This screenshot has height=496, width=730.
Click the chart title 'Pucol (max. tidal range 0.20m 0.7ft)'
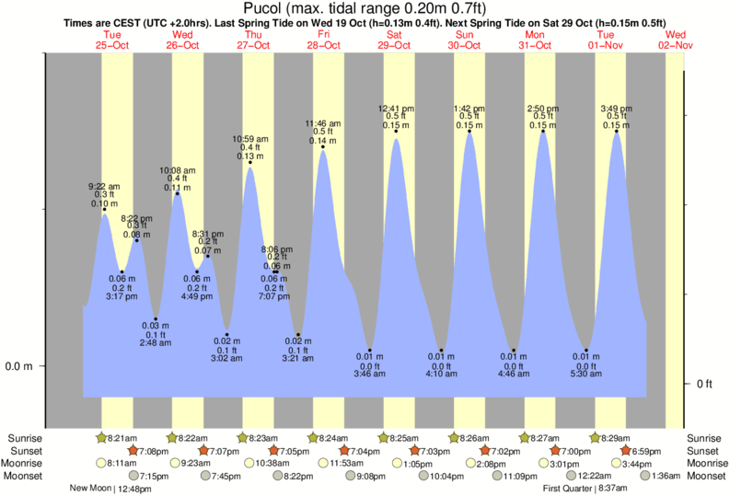(x=364, y=9)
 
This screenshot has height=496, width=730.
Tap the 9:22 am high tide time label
(x=103, y=187)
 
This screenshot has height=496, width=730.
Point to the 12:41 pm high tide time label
(x=396, y=108)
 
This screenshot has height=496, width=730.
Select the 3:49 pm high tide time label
(x=617, y=108)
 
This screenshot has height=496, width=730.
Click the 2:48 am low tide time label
(x=155, y=343)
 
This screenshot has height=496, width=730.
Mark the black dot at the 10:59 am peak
(x=250, y=164)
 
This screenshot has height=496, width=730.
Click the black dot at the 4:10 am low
(x=442, y=351)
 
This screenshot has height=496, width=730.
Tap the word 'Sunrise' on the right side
(x=705, y=438)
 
